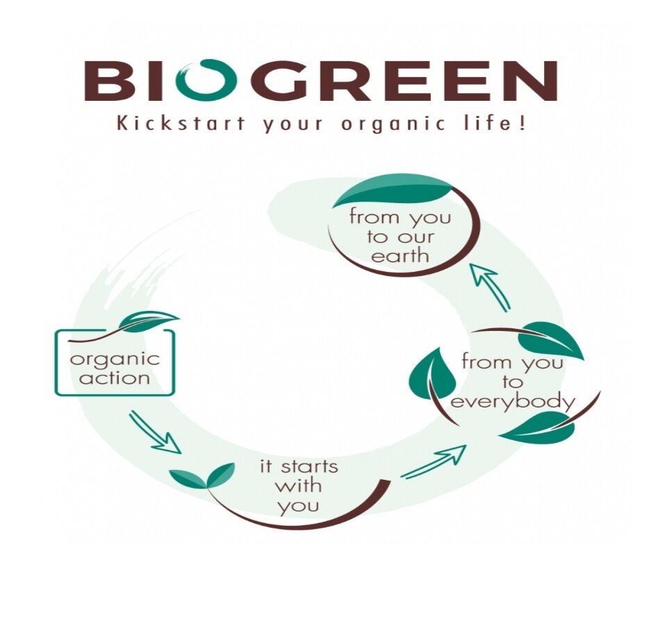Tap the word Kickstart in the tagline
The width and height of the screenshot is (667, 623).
pos(181,124)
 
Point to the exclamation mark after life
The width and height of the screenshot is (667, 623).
pos(522,123)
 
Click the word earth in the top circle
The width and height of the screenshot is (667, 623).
pos(400,256)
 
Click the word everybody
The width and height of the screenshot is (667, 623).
pos(513,402)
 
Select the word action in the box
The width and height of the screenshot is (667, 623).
pos(115,378)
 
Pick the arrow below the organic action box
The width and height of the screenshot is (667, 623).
pos(155,432)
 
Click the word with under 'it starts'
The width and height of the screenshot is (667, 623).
pos(298,486)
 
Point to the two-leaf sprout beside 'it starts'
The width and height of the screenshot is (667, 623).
pos(201,475)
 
